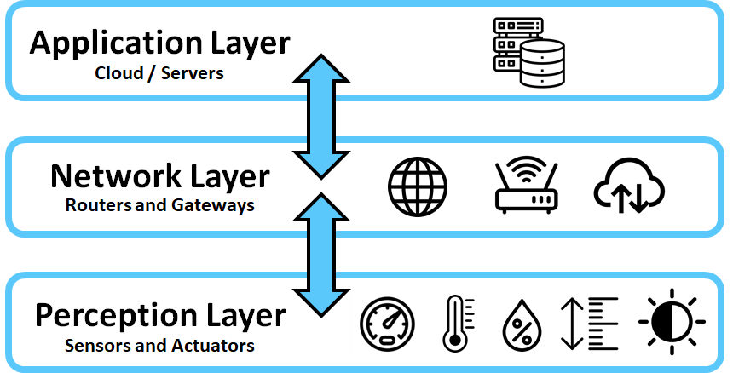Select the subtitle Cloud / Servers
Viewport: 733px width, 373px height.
(x=159, y=73)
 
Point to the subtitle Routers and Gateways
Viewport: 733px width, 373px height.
(x=160, y=205)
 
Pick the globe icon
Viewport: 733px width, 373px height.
(x=418, y=186)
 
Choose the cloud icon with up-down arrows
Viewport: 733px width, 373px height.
(x=630, y=186)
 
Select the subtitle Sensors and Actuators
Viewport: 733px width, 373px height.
(x=159, y=346)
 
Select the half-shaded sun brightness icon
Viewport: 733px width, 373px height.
(x=672, y=324)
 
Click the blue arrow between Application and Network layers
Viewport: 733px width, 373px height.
(x=320, y=116)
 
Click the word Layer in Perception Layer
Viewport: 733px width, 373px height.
(x=245, y=316)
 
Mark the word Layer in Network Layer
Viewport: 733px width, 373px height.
(x=229, y=177)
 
